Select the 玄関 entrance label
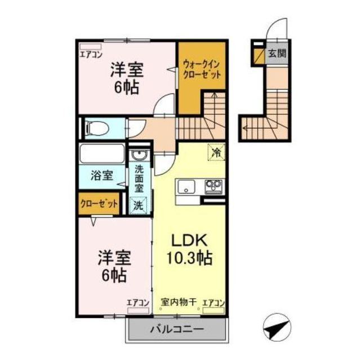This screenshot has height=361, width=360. (277, 55)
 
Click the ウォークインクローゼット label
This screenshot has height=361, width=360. (201, 71)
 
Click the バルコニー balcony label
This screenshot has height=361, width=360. (176, 329)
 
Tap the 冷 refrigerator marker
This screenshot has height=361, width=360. (216, 152)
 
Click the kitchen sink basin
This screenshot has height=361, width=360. (186, 187)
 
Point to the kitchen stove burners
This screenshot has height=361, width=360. (213, 186)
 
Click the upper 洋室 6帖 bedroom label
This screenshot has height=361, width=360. (126, 79)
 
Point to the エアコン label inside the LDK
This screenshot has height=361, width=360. (213, 302)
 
